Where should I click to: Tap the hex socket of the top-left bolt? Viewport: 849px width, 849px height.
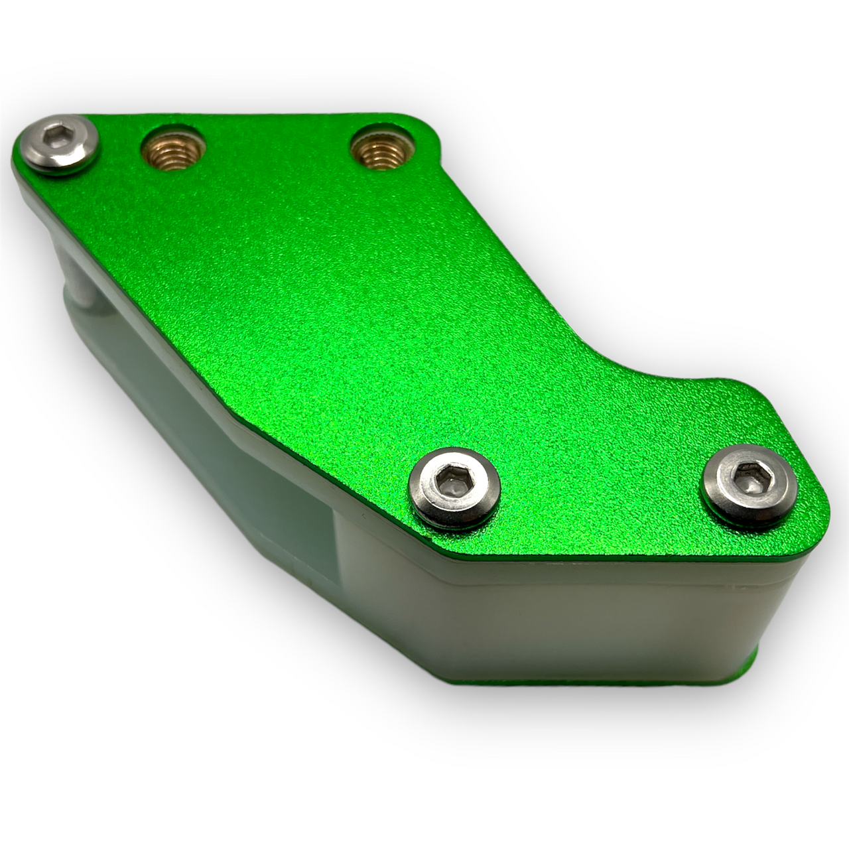[x=54, y=137]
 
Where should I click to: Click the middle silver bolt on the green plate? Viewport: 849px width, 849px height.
[x=455, y=488]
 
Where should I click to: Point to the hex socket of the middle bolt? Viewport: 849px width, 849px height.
[x=452, y=478]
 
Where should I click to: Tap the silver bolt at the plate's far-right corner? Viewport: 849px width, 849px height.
[x=750, y=486]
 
